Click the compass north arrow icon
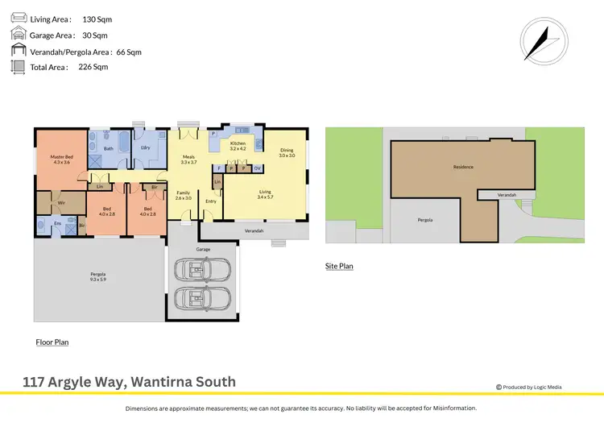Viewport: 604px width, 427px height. tap(540, 39)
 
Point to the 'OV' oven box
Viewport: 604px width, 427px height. tap(257, 168)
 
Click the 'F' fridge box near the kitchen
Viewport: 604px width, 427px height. tap(220, 168)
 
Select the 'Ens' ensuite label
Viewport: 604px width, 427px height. tap(57, 222)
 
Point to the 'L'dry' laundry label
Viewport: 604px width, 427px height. tap(146, 147)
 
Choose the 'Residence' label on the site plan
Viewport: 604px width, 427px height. tap(462, 167)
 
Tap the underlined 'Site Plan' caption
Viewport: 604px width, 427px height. tap(339, 266)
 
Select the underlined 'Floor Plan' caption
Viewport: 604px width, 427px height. tap(52, 342)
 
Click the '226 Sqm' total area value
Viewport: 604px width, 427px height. tap(93, 67)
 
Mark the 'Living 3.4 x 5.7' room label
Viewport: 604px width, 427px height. tap(266, 195)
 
